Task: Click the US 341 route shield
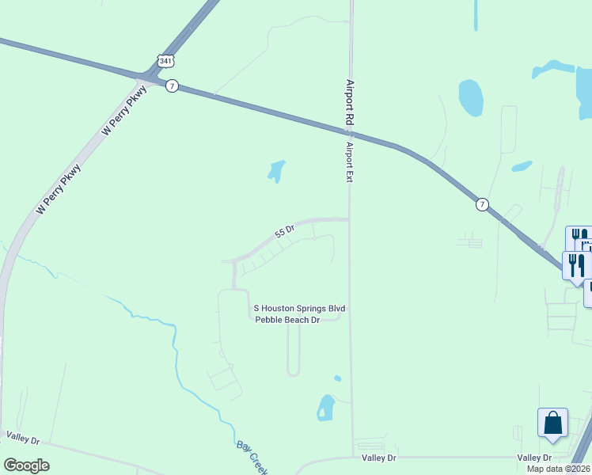(x=164, y=60)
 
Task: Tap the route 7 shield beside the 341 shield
(x=172, y=85)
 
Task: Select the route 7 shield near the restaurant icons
(x=481, y=204)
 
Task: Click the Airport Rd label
(x=348, y=101)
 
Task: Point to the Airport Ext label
(x=348, y=161)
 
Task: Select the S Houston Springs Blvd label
(x=299, y=308)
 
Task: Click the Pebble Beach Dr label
(x=287, y=320)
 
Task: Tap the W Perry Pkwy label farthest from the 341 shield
(x=59, y=188)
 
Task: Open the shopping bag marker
(x=552, y=423)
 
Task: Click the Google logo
(x=26, y=465)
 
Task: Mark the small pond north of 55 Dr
(x=276, y=170)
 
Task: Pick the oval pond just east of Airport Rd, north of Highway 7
(x=471, y=97)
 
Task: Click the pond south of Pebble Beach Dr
(x=325, y=407)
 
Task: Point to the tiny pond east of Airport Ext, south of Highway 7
(x=522, y=166)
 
